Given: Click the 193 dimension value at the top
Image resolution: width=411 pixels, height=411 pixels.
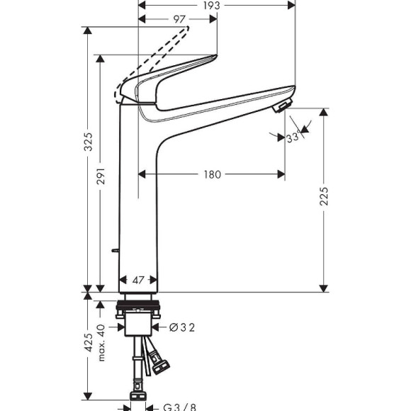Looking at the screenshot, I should pyautogui.click(x=210, y=6).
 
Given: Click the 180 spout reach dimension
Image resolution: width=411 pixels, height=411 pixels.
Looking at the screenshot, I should pyautogui.click(x=210, y=174).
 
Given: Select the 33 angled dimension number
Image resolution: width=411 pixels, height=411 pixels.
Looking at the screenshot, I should pyautogui.click(x=291, y=137).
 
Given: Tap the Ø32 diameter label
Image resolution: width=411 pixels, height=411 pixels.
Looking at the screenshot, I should pyautogui.click(x=181, y=327).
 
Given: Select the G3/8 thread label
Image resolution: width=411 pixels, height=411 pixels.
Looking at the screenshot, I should pyautogui.click(x=179, y=407).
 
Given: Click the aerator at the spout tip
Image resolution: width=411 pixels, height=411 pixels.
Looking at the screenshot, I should pyautogui.click(x=281, y=107).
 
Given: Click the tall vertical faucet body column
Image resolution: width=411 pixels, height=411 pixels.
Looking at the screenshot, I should pyautogui.click(x=137, y=198).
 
